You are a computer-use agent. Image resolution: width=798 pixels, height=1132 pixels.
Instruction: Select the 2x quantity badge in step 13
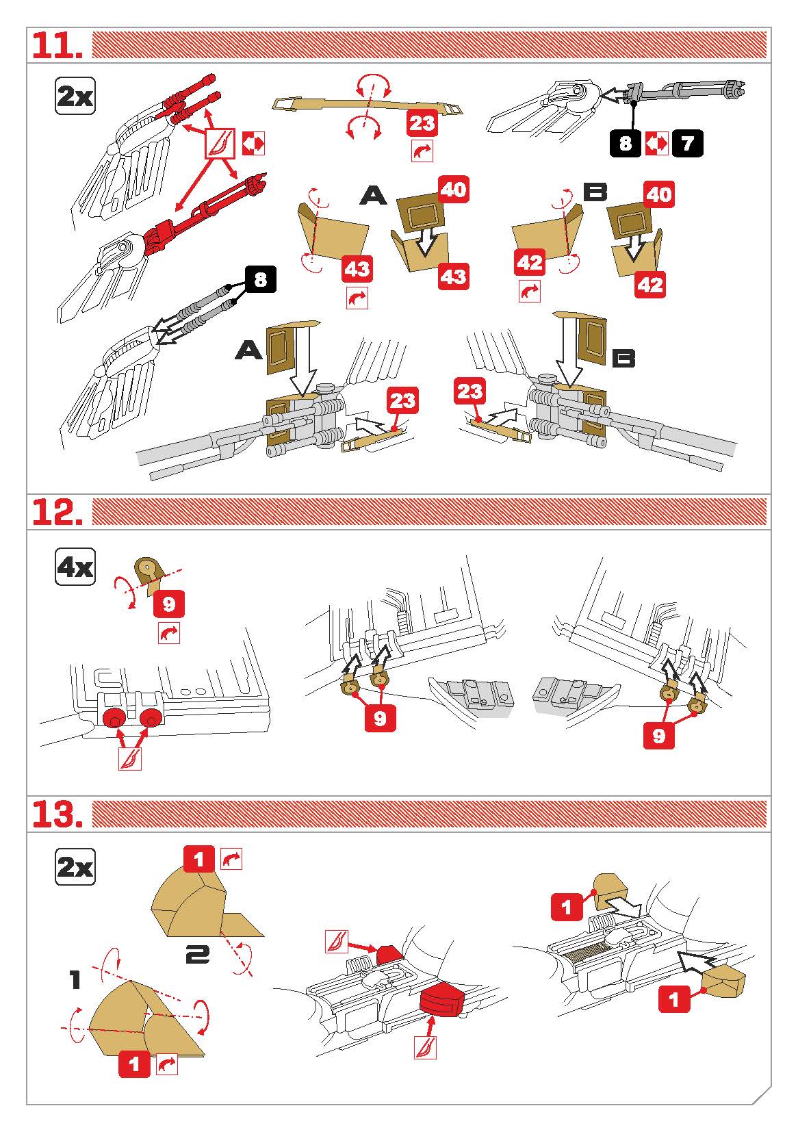click(75, 868)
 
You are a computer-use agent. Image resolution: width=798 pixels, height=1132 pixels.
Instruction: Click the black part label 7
click(686, 144)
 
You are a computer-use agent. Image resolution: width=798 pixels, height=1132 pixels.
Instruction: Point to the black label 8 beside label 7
click(626, 144)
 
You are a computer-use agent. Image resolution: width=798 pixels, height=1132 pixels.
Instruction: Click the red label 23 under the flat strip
click(422, 123)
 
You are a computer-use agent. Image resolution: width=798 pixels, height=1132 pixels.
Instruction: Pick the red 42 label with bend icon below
click(530, 263)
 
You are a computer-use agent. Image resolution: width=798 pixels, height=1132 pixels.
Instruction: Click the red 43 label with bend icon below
click(357, 269)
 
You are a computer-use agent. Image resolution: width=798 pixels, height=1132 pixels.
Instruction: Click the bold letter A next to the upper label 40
click(373, 196)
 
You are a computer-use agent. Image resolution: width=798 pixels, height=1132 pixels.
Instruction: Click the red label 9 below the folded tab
click(168, 604)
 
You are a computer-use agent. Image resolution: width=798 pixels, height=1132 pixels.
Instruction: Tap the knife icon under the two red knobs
click(130, 758)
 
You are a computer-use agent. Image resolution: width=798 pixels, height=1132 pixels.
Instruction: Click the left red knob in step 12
click(113, 718)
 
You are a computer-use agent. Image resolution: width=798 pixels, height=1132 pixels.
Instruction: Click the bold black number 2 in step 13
click(197, 953)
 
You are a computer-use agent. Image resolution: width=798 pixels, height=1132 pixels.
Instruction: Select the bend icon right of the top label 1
click(231, 858)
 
